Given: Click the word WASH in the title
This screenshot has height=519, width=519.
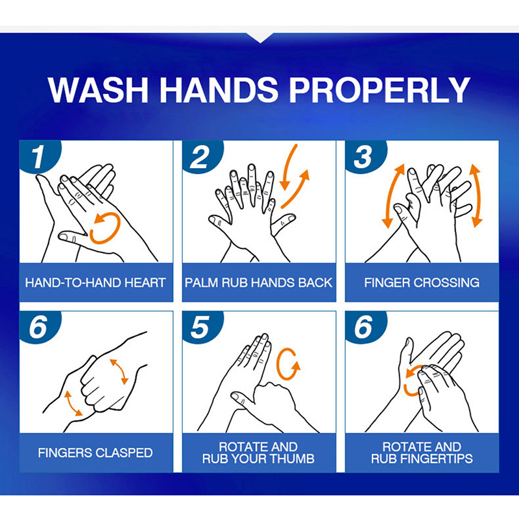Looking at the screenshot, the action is pos(98,90).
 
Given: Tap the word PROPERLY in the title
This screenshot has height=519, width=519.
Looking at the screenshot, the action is pos(380,90).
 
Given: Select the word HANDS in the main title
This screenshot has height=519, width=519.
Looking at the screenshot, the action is pos(219,90).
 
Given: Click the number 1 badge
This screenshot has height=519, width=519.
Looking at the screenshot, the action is pos(38,156).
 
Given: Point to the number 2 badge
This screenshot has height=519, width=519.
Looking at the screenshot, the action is pos(200,156).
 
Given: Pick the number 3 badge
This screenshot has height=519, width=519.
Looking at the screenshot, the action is pos(363,156).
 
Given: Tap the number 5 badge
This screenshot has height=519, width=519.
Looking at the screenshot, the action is pos(200,327).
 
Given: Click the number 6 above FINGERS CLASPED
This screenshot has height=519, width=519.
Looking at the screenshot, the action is pos(38,327).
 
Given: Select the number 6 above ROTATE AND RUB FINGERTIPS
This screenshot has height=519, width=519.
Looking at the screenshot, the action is pos(363,327).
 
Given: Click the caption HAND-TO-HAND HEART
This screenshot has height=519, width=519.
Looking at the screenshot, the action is pos(95,283).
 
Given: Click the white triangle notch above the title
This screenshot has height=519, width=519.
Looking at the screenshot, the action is pos(260,37).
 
